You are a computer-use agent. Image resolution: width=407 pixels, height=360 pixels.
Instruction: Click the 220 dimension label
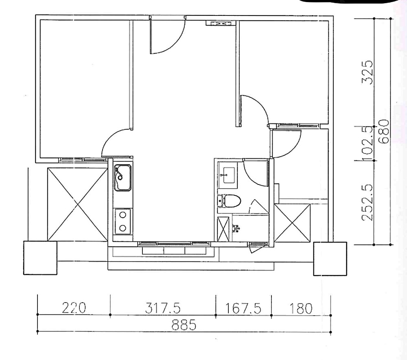coord(74,308)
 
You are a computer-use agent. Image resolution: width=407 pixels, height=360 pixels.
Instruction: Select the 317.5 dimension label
coord(162,308)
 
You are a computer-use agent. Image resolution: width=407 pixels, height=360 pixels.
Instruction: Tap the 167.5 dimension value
coord(243,308)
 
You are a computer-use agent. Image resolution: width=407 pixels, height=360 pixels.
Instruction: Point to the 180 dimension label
coord(301,309)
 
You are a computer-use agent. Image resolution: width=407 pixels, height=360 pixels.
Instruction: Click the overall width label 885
coord(184,325)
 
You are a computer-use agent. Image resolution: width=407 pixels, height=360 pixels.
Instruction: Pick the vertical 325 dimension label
coord(368,72)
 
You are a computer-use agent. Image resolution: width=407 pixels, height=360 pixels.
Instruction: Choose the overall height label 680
coord(384,132)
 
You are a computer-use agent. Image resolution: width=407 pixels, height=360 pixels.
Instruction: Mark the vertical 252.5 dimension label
coord(368,202)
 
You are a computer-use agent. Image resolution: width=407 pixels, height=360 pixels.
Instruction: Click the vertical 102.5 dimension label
coord(368,143)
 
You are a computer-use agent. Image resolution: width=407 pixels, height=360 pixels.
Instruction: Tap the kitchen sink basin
coord(123,178)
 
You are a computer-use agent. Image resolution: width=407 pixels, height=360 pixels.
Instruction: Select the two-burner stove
coord(123,222)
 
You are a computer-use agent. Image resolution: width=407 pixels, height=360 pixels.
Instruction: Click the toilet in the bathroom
coord(229,201)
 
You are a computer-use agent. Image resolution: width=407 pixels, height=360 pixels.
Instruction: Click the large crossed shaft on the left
coord(77,204)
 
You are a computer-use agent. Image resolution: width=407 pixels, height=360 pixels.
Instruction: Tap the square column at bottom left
coord(40,258)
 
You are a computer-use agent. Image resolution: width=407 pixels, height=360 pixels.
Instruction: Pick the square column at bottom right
coord(330,259)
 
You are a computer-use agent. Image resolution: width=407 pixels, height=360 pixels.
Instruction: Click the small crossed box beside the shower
coord(223,229)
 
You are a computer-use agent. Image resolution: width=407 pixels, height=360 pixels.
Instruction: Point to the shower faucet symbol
coord(236,228)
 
